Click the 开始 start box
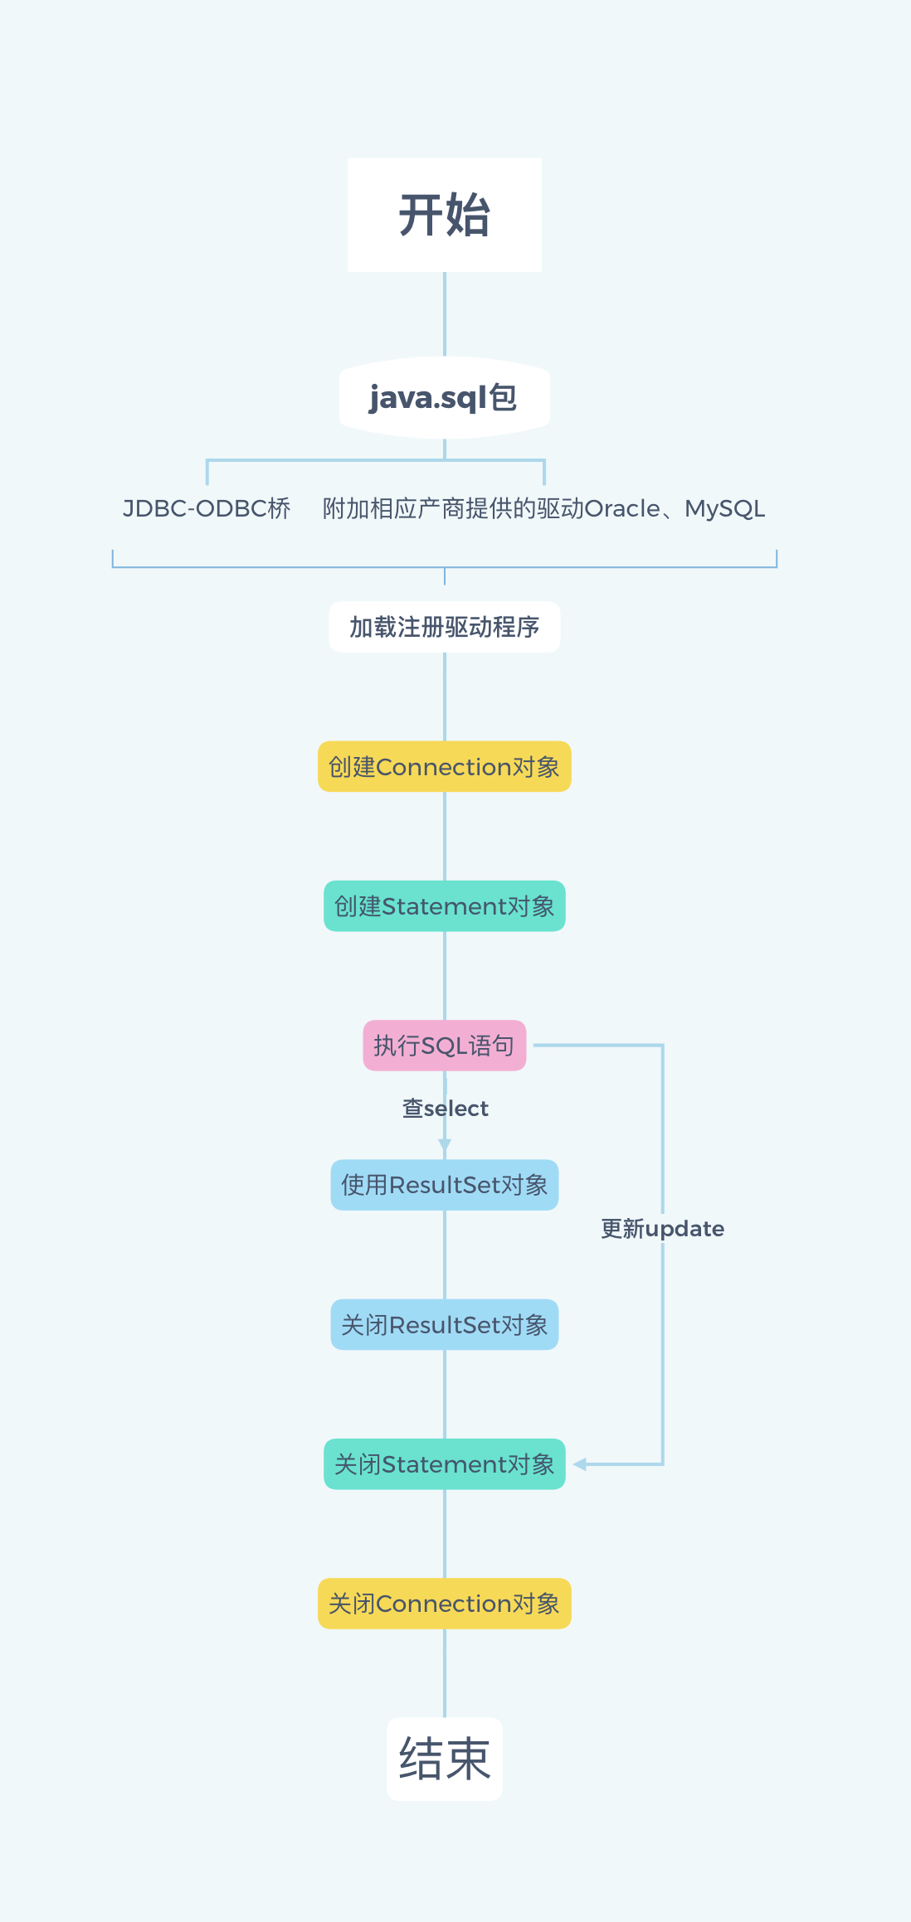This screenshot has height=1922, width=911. (x=445, y=215)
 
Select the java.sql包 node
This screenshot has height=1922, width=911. (x=445, y=398)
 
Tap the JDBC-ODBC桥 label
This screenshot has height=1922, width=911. (x=207, y=508)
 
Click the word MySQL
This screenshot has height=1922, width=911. (x=724, y=508)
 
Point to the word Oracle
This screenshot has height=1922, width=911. (x=622, y=508)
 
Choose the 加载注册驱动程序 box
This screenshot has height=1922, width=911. (x=445, y=627)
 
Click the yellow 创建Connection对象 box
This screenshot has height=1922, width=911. (x=445, y=767)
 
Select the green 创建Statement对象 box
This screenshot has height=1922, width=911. (x=445, y=906)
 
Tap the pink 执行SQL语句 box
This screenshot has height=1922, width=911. (x=445, y=1046)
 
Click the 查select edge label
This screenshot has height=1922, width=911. (x=446, y=1109)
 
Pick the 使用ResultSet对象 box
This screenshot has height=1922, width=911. (x=445, y=1185)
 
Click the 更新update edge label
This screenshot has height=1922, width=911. (x=662, y=1229)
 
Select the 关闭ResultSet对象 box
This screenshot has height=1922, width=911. (x=445, y=1325)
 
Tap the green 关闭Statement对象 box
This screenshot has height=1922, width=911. (x=445, y=1464)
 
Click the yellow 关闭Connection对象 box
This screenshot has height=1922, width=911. (x=445, y=1604)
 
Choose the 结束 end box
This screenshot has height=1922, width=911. (x=445, y=1759)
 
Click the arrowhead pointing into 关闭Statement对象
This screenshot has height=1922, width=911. (x=580, y=1464)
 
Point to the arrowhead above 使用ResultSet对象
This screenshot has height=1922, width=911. (x=445, y=1145)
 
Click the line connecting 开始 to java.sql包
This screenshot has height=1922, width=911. (x=445, y=313)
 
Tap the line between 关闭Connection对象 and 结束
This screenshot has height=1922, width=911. (x=445, y=1672)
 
